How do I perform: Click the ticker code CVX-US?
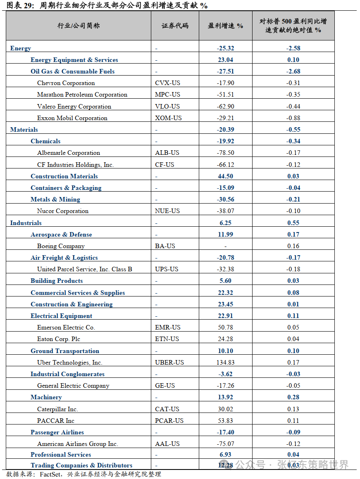pyautogui.click(x=166, y=83)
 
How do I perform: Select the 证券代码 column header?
pyautogui.click(x=175, y=26)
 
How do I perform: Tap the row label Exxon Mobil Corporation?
pyautogui.click(x=72, y=118)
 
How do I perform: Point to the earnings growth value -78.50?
pyautogui.click(x=225, y=153)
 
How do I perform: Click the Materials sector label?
pyautogui.click(x=24, y=130)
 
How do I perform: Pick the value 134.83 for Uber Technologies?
pyautogui.click(x=225, y=363)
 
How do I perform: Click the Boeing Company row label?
pyautogui.click(x=61, y=246)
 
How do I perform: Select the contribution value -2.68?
pyautogui.click(x=293, y=71)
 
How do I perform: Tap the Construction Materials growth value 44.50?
pyautogui.click(x=225, y=176)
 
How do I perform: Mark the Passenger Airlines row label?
pyautogui.click(x=57, y=432)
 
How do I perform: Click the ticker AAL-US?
pyautogui.click(x=167, y=444)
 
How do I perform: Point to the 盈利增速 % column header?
pyautogui.click(x=225, y=26)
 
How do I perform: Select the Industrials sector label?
pyautogui.click(x=26, y=223)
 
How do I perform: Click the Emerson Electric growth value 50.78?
pyautogui.click(x=225, y=327)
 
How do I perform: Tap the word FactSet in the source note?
pyautogui.click(x=51, y=474)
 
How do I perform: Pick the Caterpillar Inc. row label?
pyautogui.click(x=57, y=409)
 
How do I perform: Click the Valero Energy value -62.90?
pyautogui.click(x=225, y=107)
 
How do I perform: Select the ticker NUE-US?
pyautogui.click(x=167, y=211)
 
